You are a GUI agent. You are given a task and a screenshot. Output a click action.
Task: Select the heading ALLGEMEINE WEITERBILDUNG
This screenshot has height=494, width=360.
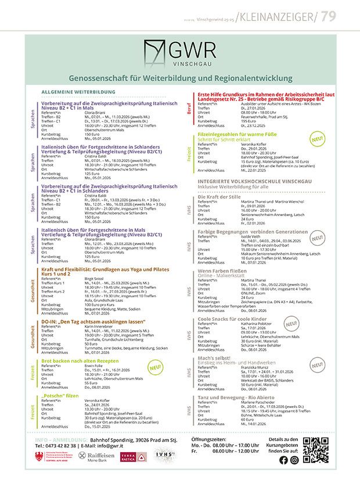[x=78, y=92]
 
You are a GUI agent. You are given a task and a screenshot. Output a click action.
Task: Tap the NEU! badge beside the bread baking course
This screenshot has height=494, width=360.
[x=155, y=367]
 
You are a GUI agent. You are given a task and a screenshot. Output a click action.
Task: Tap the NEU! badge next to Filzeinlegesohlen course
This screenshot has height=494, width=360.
[x=317, y=139]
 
